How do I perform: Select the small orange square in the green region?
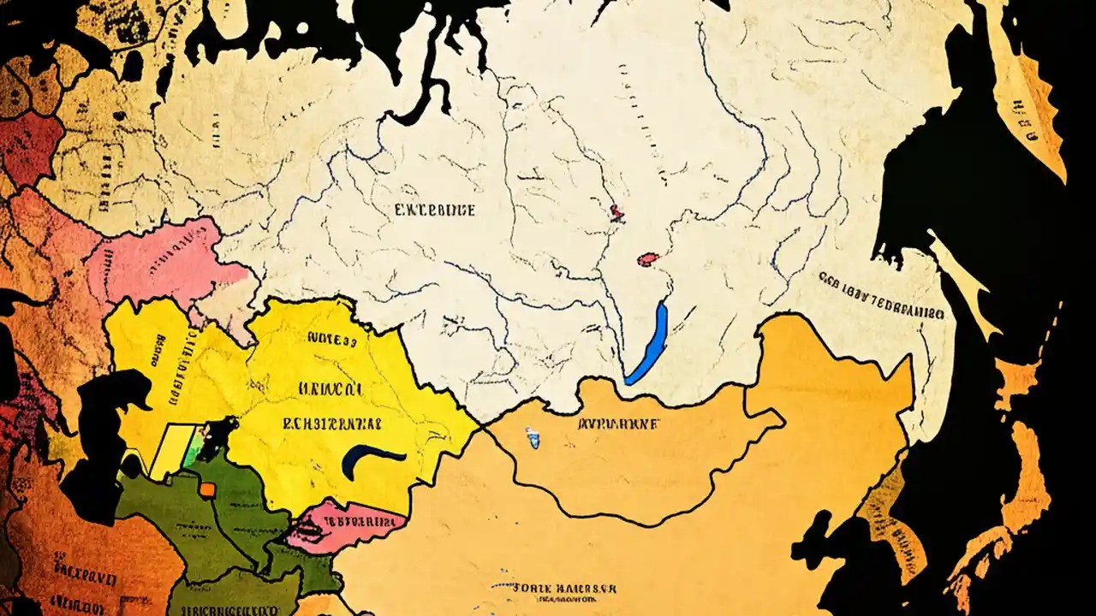click(207, 489)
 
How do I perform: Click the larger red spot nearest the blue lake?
click(648, 258)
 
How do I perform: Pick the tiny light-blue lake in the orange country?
click(534, 441)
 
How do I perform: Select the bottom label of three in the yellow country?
click(332, 423)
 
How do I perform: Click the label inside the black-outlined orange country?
click(618, 423)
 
